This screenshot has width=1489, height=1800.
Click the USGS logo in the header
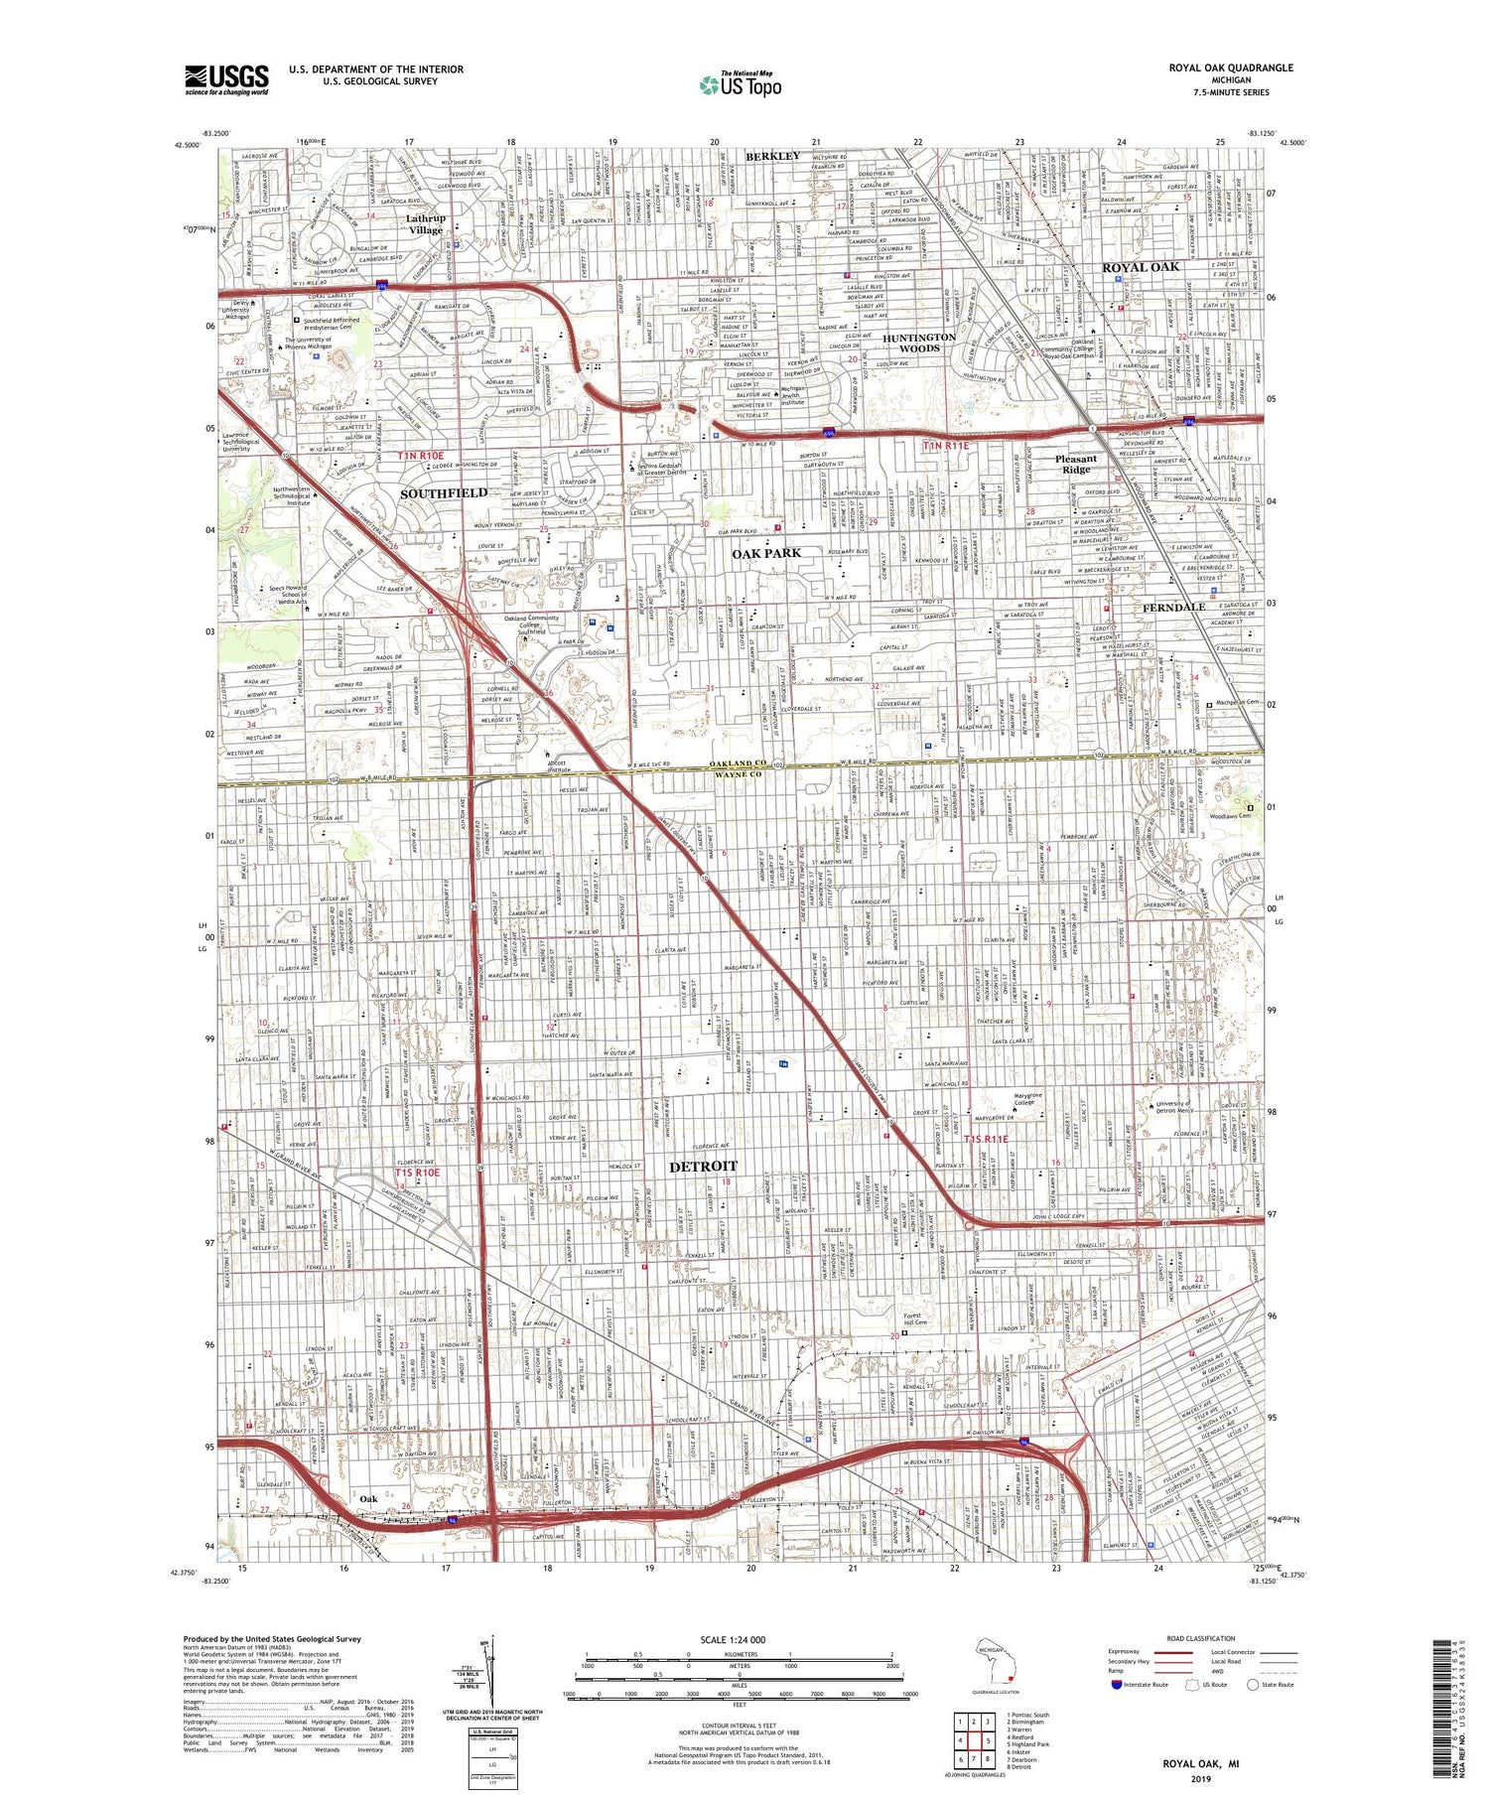click(x=226, y=79)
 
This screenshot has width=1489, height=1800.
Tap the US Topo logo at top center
click(x=740, y=85)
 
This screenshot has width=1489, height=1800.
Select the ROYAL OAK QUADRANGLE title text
click(x=1230, y=68)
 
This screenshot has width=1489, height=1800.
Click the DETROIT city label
click(x=703, y=1166)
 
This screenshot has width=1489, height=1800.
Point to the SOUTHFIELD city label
click(x=443, y=492)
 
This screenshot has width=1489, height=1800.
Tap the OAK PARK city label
click(x=766, y=552)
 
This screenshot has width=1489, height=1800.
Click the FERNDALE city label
click(x=1172, y=607)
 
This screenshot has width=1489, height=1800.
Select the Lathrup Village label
click(x=426, y=223)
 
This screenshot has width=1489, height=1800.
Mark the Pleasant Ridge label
click(x=1076, y=464)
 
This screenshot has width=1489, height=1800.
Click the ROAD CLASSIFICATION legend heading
click(x=1201, y=1638)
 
